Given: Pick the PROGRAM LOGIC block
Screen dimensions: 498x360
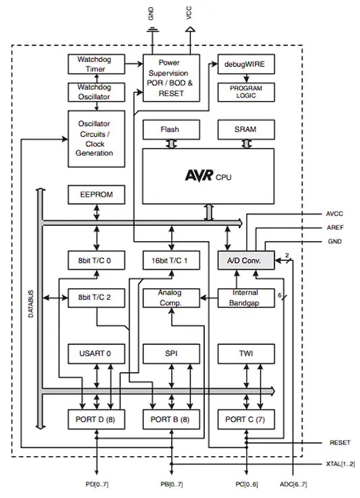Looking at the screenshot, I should coord(245,92).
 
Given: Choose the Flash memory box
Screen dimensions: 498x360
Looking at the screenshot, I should coord(170,129).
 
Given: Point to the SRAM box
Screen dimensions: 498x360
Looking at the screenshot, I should coord(245,129).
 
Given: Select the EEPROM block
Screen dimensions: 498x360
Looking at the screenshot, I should coord(96,195).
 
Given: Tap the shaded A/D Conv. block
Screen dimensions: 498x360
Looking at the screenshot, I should coord(245,259).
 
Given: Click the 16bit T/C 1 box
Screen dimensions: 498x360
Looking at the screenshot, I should coord(171,259).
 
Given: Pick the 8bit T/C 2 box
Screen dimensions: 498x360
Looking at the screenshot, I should coord(96,297).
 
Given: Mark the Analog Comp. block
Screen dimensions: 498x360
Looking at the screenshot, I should coord(171,297).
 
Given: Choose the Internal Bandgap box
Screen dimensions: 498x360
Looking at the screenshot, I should coord(245,297).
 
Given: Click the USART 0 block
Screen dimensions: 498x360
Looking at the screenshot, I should coord(96,353).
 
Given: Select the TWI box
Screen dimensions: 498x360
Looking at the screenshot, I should coord(245,353).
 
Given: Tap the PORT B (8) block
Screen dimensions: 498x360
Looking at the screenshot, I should coord(171,418).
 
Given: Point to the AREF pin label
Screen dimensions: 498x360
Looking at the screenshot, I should coord(334,228).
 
